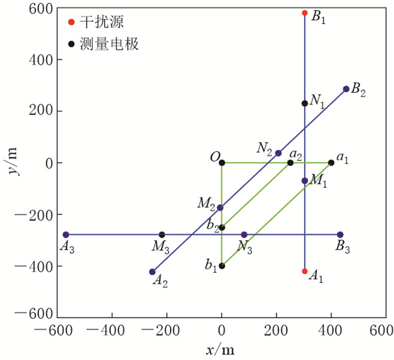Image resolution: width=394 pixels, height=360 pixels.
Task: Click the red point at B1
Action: point(305,13)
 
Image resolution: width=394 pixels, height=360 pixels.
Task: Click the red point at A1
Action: point(305,271)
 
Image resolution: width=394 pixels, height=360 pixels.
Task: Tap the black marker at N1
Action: point(305,103)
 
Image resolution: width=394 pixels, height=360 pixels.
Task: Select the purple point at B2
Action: point(346,89)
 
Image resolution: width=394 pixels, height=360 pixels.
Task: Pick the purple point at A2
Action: point(152,272)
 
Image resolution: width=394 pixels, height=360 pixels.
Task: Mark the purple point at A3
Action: point(66,235)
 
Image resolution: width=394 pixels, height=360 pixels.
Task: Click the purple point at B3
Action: point(340,235)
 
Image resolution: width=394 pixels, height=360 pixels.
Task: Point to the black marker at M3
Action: point(162,235)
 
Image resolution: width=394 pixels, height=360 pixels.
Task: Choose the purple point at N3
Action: point(244,235)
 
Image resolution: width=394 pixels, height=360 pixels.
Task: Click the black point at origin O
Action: point(222,163)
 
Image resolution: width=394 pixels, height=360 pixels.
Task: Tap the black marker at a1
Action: point(331,163)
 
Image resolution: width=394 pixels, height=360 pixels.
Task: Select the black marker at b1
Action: point(222,265)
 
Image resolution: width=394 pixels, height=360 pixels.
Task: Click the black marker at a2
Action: point(290,163)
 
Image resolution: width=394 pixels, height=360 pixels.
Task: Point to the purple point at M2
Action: point(220,208)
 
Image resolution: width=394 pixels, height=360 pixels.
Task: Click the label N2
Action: point(265,148)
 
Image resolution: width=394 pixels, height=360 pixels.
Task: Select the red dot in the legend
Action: point(71,22)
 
